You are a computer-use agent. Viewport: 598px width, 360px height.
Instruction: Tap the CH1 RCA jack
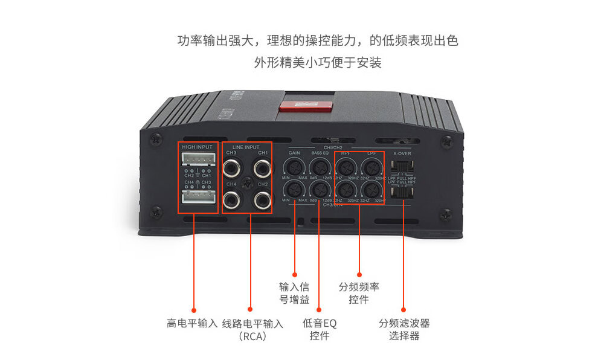pos(262,167)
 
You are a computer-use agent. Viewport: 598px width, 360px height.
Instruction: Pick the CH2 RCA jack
pos(262,199)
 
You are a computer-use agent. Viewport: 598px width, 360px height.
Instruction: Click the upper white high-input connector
pos(198,158)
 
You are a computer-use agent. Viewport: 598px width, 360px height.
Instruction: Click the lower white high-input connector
pos(198,198)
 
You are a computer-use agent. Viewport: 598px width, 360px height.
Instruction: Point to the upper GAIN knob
pos(294,167)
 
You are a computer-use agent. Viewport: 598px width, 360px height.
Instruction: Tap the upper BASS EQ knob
pos(320,167)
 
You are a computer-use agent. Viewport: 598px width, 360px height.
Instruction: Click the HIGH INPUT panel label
pos(197,147)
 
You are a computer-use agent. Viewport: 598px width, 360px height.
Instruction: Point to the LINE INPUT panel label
pos(246,147)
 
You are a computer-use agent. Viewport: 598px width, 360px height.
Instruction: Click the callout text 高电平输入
pos(191,323)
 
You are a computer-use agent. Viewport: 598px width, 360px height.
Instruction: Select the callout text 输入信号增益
pos(294,293)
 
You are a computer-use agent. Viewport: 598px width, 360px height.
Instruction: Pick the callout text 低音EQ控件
pos(320,329)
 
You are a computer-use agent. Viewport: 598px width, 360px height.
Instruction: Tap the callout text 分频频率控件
pos(359,293)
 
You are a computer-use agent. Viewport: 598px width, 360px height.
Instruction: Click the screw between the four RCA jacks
pos(246,183)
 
